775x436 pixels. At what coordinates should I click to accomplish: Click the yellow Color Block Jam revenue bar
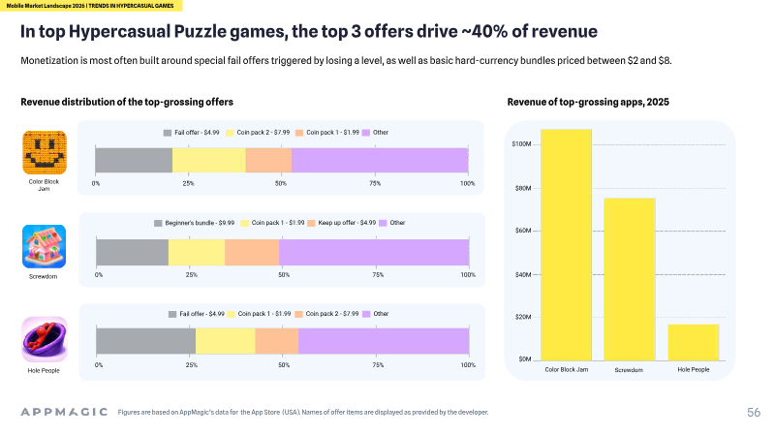566,245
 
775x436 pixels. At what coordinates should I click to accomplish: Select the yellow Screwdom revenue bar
630,279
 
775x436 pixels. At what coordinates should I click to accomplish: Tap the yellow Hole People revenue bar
693,343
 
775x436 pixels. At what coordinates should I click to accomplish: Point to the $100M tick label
521,144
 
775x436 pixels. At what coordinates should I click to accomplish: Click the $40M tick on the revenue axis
523,275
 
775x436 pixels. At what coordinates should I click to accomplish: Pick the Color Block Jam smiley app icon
45,152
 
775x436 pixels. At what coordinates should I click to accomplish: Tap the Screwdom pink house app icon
44,246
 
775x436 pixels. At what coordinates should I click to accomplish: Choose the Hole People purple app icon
45,339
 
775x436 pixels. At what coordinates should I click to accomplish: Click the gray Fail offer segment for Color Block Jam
134,160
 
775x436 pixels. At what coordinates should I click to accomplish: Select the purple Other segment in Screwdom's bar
374,252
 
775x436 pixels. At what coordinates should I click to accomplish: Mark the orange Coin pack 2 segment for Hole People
277,341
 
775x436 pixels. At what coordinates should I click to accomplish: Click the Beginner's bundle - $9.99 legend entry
195,223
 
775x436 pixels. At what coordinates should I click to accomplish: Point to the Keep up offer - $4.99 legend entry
342,223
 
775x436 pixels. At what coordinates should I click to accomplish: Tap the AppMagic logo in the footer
64,412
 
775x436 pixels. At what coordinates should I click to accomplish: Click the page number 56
754,413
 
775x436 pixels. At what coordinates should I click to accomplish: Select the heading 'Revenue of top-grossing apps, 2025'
588,102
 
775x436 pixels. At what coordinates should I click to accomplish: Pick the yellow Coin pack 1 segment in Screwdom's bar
197,252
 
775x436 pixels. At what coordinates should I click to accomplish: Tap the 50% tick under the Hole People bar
284,365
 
